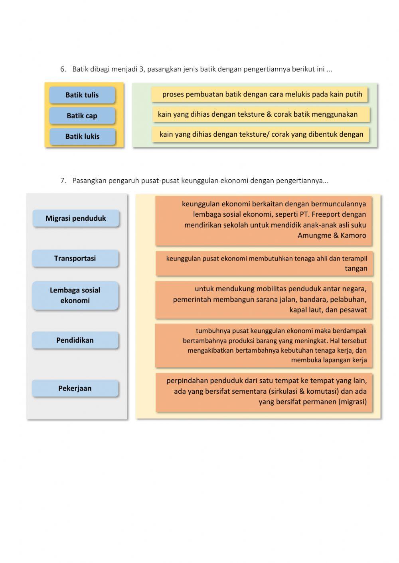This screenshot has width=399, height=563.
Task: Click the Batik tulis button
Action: [82, 95]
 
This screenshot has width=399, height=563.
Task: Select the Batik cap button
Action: [82, 116]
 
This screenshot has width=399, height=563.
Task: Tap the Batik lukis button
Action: [83, 136]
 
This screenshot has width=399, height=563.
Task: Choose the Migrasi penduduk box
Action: [76, 218]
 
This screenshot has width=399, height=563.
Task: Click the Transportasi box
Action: [75, 258]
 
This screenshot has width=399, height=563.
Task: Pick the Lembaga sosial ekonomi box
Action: [75, 295]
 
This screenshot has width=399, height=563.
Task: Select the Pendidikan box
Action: [75, 340]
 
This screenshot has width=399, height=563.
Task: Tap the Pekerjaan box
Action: [75, 388]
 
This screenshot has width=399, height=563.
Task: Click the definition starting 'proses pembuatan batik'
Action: [259, 94]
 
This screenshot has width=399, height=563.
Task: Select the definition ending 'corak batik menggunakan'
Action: [261, 114]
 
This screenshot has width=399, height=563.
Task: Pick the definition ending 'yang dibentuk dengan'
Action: [261, 134]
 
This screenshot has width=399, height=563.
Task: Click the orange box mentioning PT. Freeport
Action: [264, 220]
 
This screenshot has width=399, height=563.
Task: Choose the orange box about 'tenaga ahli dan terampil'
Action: [264, 263]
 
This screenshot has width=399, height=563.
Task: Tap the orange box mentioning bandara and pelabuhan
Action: [264, 299]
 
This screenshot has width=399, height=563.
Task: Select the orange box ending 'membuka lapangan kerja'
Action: [264, 345]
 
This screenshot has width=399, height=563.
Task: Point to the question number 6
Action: [63, 69]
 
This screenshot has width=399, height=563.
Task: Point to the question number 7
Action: [63, 180]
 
